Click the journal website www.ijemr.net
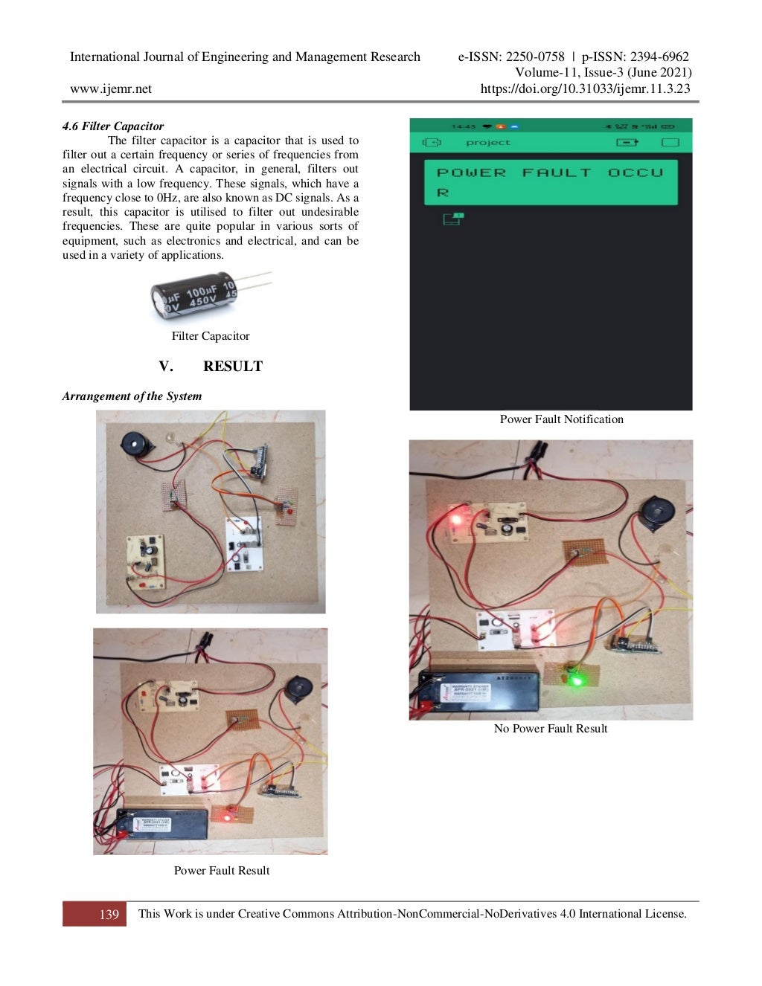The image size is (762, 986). coord(111,88)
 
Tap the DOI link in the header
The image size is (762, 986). coord(585,88)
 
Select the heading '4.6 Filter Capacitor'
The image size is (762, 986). coord(113,126)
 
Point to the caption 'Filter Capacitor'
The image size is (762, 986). coord(211,336)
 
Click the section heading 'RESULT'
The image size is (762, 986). coord(232,367)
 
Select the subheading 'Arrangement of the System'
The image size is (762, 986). coord(132,396)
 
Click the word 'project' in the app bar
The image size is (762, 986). coord(488,143)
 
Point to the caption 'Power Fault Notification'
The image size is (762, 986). coord(561,419)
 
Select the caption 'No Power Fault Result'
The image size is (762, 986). coord(551,729)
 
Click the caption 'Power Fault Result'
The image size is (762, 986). coord(222,871)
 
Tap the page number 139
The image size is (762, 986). coord(109,915)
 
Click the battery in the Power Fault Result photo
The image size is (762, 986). coord(161,825)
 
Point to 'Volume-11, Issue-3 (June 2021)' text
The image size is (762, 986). coord(603,73)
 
